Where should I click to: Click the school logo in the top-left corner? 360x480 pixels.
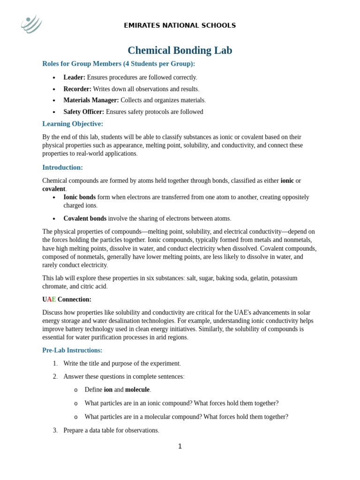click(x=31, y=24)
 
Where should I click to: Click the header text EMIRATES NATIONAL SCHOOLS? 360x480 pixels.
click(x=180, y=25)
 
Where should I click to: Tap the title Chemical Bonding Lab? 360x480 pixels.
click(x=180, y=51)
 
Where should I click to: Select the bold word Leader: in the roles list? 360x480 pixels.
click(x=74, y=77)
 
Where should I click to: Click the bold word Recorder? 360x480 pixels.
click(x=77, y=89)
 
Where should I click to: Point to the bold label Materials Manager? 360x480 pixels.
click(x=91, y=100)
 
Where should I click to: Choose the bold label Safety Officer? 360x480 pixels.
click(x=84, y=112)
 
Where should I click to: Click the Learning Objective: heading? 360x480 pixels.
click(x=73, y=124)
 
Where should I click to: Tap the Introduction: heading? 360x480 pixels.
click(x=62, y=167)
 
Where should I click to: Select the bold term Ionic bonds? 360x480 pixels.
click(x=79, y=197)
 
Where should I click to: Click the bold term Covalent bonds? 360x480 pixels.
click(x=85, y=218)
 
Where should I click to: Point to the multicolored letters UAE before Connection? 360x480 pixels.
click(x=49, y=300)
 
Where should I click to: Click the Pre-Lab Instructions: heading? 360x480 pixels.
click(x=72, y=350)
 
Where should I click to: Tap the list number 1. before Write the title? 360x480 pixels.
click(x=55, y=364)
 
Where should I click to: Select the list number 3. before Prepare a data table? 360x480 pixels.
click(x=55, y=430)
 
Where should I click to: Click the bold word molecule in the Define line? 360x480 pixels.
click(x=137, y=390)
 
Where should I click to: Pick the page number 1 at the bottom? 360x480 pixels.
click(x=180, y=446)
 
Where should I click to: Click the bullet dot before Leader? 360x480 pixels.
click(x=54, y=78)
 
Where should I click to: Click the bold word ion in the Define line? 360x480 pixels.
click(x=108, y=390)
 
